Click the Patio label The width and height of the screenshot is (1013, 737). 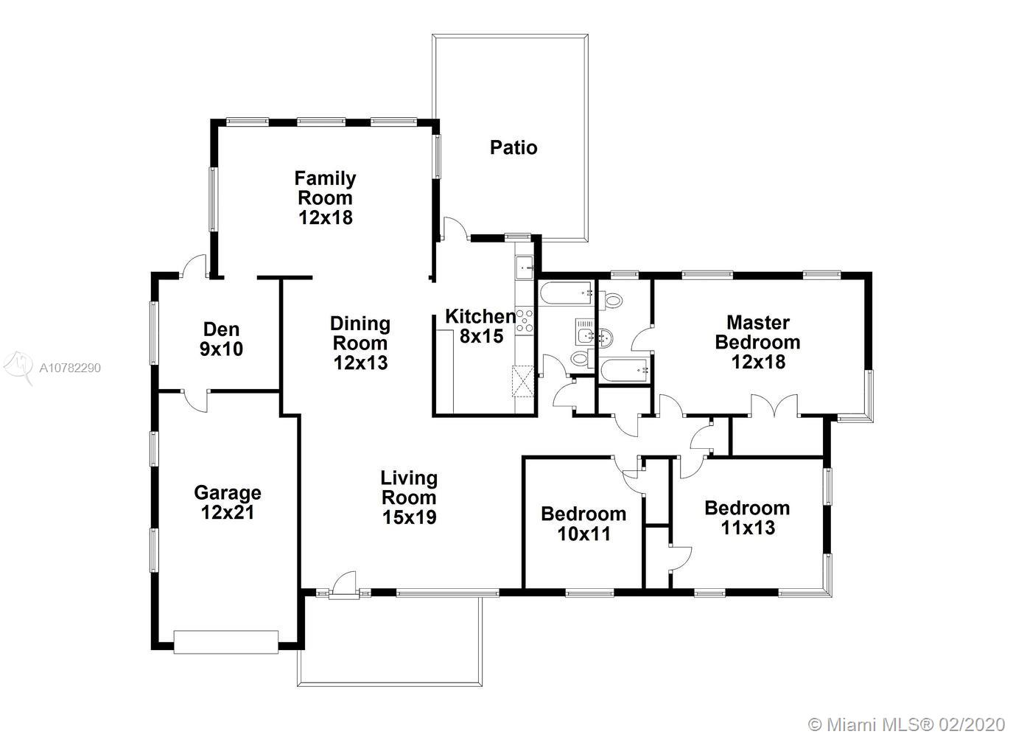[x=513, y=147]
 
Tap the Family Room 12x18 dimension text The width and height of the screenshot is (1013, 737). [x=326, y=217]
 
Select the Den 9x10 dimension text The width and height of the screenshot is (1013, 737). [x=222, y=349]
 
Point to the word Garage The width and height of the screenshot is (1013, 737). [x=228, y=493]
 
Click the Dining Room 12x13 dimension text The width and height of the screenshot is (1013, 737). [x=361, y=363]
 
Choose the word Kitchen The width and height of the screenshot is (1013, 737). [x=480, y=317]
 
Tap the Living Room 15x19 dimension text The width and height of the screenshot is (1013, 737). [x=410, y=517]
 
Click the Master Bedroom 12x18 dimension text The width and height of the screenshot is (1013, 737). [x=759, y=362]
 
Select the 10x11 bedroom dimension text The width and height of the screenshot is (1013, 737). [x=584, y=534]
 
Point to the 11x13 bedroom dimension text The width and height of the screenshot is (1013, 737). [x=749, y=528]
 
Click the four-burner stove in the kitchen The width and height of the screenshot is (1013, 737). [x=525, y=321]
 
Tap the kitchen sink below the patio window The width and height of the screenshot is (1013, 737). [x=525, y=268]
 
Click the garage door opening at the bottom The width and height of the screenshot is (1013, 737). [x=226, y=642]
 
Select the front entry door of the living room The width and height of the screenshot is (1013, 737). [x=344, y=585]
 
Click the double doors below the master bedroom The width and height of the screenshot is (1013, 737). [x=775, y=406]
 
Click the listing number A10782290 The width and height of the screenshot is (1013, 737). [x=70, y=368]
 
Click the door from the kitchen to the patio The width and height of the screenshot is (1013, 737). [x=455, y=229]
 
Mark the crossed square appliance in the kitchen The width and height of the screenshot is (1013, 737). [x=523, y=381]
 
